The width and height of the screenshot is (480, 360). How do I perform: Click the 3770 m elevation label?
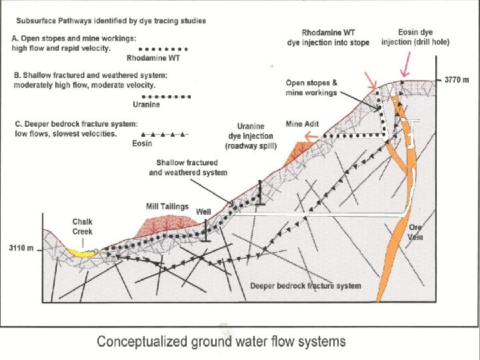(x=457, y=80)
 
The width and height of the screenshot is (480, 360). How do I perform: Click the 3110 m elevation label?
(x=21, y=248)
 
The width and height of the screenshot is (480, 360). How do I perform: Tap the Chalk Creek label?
(x=83, y=227)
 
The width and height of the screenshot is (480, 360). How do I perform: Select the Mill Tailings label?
(x=167, y=206)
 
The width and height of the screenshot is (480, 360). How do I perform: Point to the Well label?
(x=203, y=212)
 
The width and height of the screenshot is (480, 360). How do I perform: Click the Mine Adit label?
(x=303, y=123)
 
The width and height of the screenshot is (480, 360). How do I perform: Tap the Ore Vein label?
(x=415, y=233)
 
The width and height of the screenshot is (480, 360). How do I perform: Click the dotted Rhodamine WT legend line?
(x=157, y=49)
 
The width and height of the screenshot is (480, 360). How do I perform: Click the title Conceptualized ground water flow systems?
(x=221, y=342)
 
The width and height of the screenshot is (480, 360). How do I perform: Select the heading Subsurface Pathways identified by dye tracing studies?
(x=111, y=20)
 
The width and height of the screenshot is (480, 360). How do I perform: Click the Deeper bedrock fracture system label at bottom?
(x=305, y=286)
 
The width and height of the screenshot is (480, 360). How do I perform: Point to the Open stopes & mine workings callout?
(x=311, y=88)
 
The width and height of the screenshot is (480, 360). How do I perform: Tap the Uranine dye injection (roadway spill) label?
(x=250, y=136)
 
